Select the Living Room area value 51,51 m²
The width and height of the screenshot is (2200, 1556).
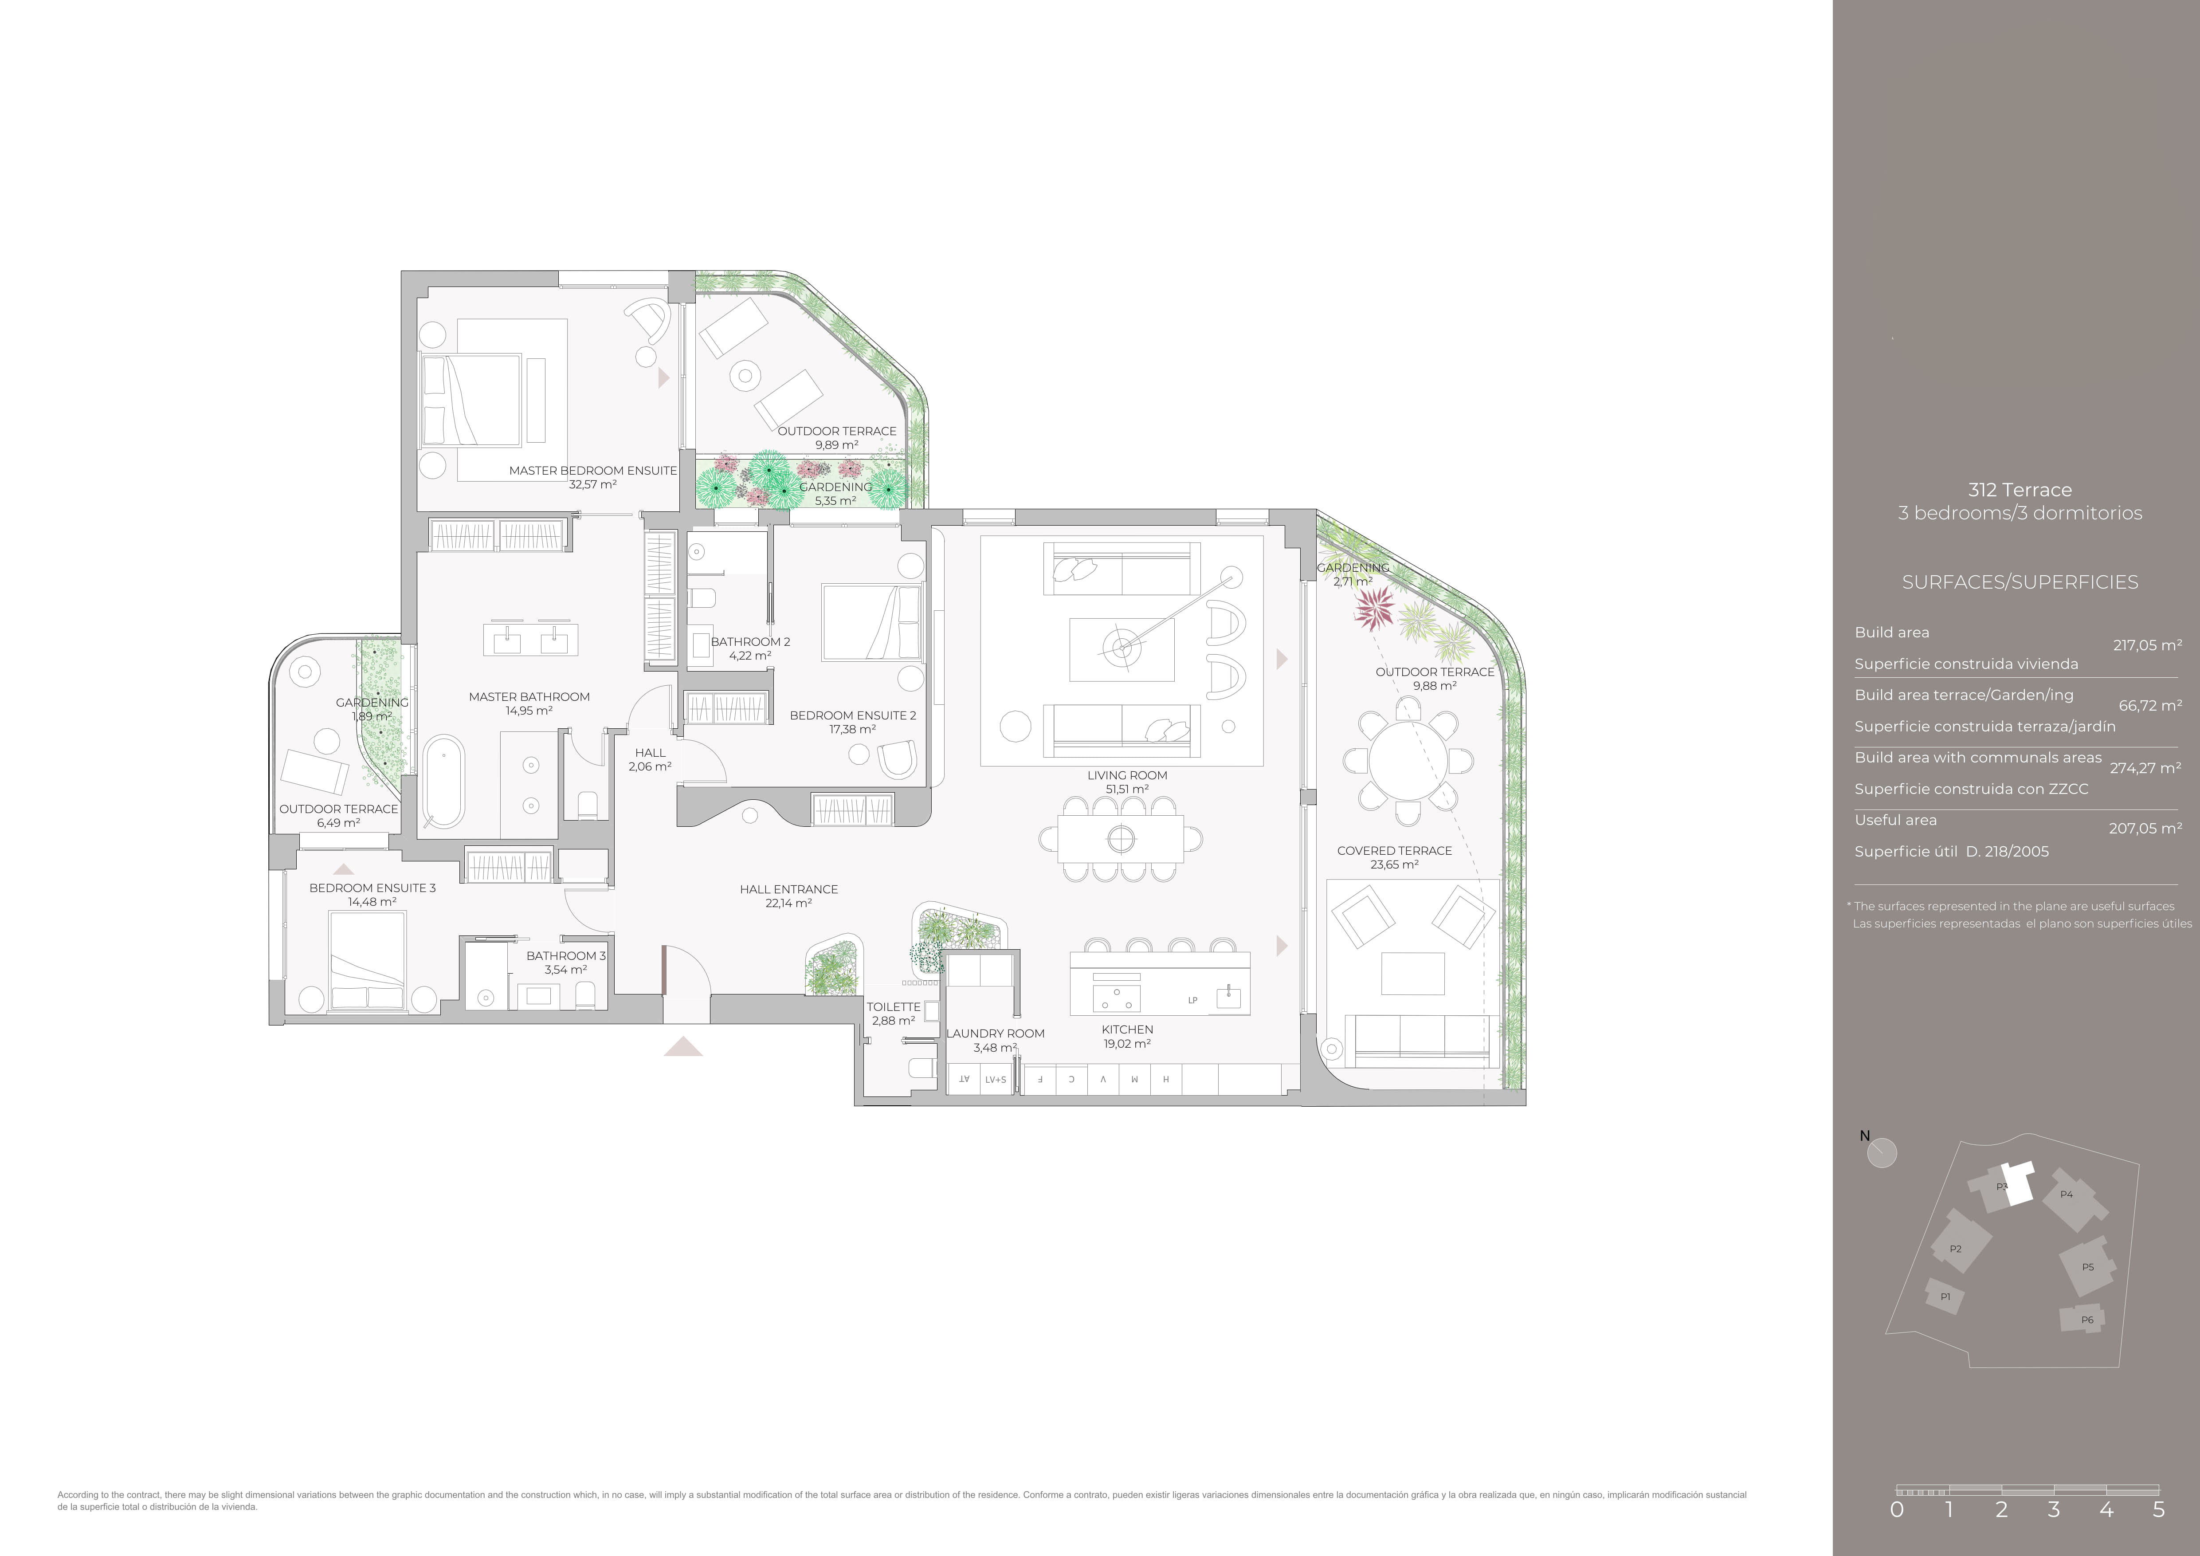(x=1127, y=790)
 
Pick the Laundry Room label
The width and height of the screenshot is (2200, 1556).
(x=996, y=1033)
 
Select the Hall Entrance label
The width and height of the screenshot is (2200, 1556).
(x=788, y=889)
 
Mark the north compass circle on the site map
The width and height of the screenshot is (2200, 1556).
(x=1882, y=1153)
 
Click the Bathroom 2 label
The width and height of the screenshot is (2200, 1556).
(x=750, y=642)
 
